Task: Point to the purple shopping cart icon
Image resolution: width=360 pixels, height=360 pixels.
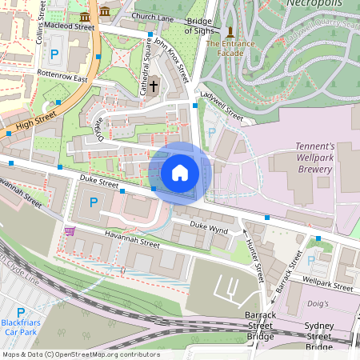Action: click(x=70, y=230)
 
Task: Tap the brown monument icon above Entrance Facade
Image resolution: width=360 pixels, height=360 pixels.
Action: click(x=230, y=32)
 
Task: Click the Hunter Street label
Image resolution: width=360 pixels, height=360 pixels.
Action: click(x=254, y=261)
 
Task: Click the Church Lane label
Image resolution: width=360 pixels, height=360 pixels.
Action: click(x=154, y=16)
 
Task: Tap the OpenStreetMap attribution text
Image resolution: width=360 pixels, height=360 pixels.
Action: click(x=80, y=354)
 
